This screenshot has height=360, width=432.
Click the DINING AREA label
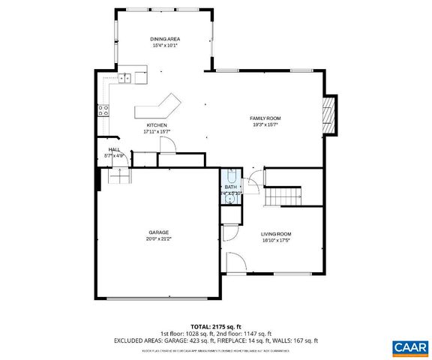166,39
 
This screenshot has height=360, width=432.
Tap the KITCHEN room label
157,125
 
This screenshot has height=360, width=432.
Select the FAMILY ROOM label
265,118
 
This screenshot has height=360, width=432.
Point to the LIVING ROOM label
275,234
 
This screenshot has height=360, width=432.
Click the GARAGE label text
158,232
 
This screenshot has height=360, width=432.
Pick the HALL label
114,150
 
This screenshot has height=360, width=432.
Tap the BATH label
230,187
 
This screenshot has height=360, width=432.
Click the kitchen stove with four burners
103,109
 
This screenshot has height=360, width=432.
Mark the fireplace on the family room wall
328,115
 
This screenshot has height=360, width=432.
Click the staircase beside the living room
284,195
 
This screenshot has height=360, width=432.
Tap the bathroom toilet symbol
231,177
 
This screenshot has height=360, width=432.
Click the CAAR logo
409,347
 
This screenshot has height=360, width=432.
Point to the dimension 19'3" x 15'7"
265,125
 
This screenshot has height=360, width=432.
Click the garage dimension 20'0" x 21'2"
158,239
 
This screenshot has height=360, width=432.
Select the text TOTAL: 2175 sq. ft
216,327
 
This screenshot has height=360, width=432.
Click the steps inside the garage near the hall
118,175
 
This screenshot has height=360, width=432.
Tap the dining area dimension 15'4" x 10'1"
166,46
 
